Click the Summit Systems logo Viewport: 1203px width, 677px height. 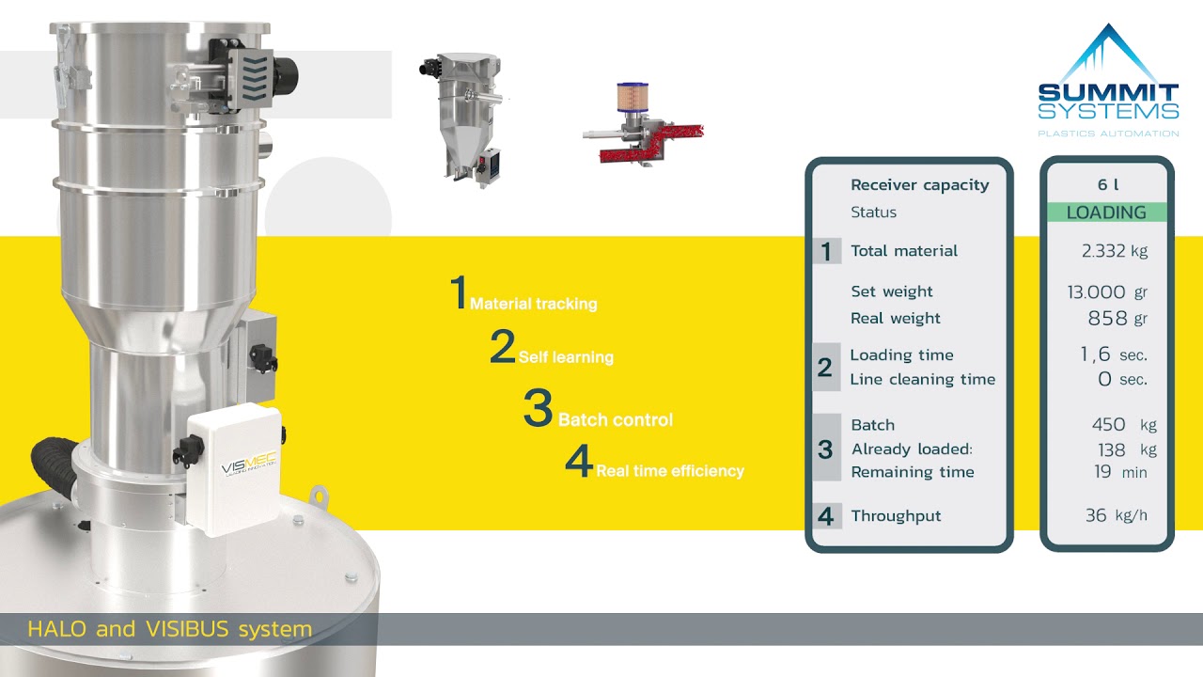tap(1108, 80)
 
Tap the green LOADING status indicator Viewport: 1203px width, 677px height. tap(1106, 213)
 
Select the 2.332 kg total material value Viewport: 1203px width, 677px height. tap(1115, 251)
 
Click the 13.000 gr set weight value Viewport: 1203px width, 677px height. tap(1107, 291)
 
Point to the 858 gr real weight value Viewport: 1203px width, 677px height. tap(1117, 318)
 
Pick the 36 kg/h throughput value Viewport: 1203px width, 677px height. tap(1116, 515)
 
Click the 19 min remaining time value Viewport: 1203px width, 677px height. tap(1120, 472)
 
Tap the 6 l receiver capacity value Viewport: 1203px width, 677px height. tap(1108, 184)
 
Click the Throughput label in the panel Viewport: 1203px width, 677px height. tap(896, 516)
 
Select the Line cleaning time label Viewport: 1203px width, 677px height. tap(923, 379)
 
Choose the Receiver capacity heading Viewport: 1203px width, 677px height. tap(920, 185)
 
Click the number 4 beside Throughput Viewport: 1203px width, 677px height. tap(825, 516)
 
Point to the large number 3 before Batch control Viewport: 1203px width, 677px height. tap(539, 407)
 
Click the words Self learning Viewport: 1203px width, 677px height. tap(566, 357)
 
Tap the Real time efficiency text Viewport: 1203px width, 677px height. tap(670, 471)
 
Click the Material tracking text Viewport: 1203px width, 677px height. tap(533, 304)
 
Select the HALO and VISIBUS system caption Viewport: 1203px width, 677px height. tap(170, 629)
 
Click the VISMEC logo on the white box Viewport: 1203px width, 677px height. tap(249, 464)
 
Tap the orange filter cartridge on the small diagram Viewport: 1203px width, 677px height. tap(633, 97)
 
